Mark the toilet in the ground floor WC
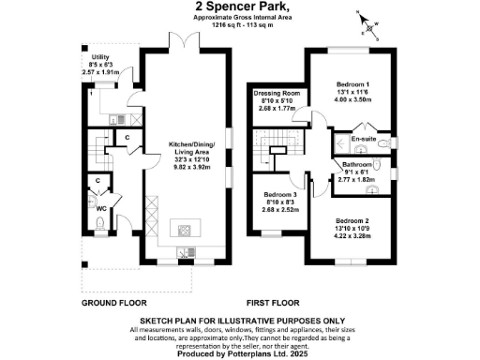99,223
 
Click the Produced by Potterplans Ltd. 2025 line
239,352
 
